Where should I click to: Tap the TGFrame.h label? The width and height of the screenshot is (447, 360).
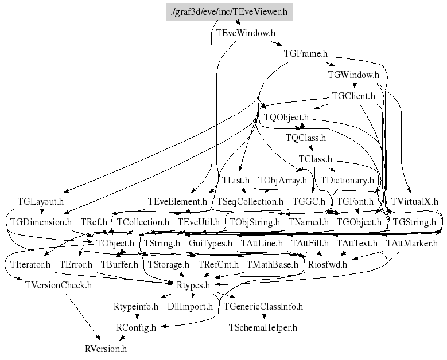[305, 54]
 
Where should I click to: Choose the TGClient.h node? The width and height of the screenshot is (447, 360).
[353, 96]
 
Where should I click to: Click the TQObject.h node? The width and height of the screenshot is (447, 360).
[286, 117]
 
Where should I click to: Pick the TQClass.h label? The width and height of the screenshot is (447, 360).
[306, 138]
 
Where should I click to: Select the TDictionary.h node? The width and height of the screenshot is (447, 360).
[347, 180]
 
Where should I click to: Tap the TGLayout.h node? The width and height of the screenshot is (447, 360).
[40, 201]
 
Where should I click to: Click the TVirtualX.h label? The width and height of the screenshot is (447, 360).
[414, 201]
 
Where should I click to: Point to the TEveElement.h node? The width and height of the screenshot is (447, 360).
[177, 201]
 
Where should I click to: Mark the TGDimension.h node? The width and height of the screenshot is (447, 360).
[40, 222]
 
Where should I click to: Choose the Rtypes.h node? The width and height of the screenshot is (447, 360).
[192, 285]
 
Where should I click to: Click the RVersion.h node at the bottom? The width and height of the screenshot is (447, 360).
[106, 348]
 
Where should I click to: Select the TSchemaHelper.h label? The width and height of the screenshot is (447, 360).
[263, 327]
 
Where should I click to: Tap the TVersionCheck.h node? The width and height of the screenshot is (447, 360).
[59, 285]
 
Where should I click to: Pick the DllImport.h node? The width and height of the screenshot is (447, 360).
[190, 306]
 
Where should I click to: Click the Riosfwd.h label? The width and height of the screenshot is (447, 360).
[328, 264]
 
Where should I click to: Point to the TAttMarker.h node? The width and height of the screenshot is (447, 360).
[411, 243]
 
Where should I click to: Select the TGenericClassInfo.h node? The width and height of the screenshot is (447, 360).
[263, 306]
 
